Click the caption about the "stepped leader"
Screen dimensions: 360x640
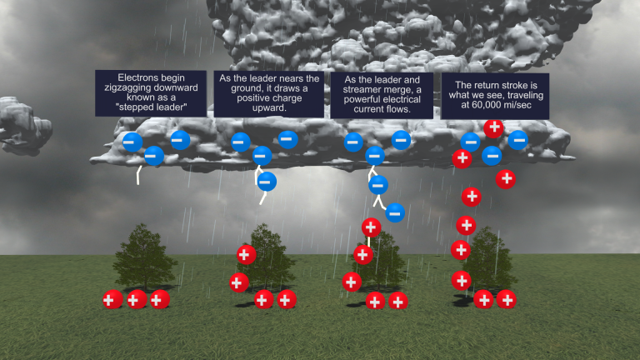pos(150,92)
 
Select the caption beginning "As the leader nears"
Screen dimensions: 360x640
pos(269,93)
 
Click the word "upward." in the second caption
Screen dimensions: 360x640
pos(268,108)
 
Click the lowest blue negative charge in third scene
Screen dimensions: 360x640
pos(395,212)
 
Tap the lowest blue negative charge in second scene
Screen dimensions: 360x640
pos(267,181)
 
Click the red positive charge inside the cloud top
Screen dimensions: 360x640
pos(493,127)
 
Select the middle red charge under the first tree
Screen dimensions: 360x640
pos(135,299)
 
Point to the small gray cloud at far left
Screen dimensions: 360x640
pos(21,132)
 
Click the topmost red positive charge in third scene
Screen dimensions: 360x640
pos(372,227)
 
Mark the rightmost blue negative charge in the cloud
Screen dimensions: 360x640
pos(518,140)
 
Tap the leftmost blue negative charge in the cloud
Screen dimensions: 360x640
pos(131,141)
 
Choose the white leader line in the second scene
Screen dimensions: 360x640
pos(262,197)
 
